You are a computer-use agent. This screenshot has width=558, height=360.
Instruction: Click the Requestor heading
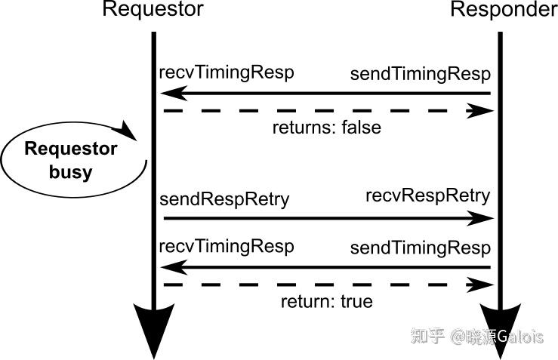(x=153, y=11)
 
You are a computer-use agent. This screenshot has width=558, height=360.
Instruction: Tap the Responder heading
(x=503, y=11)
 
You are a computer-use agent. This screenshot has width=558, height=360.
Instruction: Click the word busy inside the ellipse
(x=70, y=171)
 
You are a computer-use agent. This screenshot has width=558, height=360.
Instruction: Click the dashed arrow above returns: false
(x=325, y=111)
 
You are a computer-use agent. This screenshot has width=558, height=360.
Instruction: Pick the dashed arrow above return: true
(x=325, y=285)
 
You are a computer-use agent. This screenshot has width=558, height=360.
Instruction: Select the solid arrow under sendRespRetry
(x=325, y=218)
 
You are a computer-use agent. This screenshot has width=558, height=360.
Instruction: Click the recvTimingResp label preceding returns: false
(x=226, y=72)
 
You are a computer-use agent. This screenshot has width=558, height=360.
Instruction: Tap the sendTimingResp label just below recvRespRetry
(x=420, y=248)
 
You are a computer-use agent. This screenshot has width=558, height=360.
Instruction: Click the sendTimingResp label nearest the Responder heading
(x=420, y=74)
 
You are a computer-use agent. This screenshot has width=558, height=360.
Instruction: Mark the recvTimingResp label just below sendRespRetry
(x=226, y=247)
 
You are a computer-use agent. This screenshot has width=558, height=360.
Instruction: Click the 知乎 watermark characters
(x=427, y=337)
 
